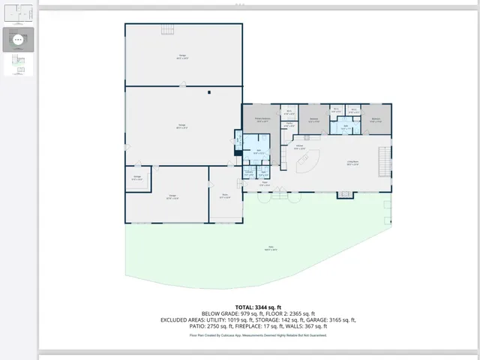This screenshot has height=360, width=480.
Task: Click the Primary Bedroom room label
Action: click(x=261, y=119)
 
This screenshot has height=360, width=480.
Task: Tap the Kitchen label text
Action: click(x=298, y=147)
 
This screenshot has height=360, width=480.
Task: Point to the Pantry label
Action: click(x=289, y=124)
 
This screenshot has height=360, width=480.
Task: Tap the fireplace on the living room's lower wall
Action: click(x=344, y=194)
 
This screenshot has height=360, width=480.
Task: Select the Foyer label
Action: click(x=264, y=182)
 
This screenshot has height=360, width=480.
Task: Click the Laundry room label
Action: click(x=248, y=173)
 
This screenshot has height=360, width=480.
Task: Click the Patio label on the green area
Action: click(x=271, y=248)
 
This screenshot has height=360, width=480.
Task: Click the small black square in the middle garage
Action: click(x=209, y=92)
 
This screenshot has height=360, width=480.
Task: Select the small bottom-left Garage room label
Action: click(x=137, y=178)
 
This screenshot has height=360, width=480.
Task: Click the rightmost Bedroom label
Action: click(x=376, y=119)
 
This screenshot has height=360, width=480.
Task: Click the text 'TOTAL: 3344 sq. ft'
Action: click(x=258, y=307)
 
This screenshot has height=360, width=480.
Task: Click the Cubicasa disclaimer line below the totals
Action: click(x=258, y=335)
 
